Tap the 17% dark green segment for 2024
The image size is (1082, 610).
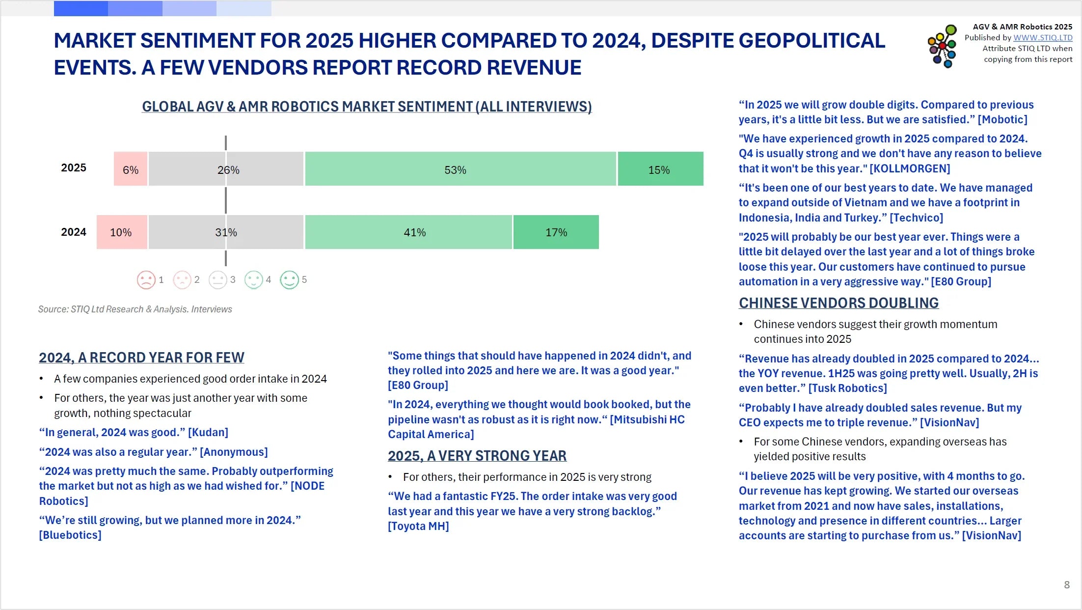tap(556, 232)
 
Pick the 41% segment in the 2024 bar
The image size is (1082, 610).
tap(408, 232)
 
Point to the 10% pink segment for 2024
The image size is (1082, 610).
tap(121, 232)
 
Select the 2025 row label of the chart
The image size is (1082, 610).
tap(74, 168)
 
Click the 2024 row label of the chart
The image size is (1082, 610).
tap(74, 232)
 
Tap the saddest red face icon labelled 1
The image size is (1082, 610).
tap(146, 280)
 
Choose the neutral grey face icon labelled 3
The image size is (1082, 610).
tap(217, 280)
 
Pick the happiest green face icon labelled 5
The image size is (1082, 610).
tap(289, 280)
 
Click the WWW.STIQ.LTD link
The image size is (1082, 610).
tap(1043, 38)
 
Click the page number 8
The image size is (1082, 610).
tap(1067, 584)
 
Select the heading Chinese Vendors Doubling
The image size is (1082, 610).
tap(839, 303)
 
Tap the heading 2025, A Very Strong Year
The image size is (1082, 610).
tap(477, 456)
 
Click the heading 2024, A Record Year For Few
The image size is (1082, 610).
tap(141, 358)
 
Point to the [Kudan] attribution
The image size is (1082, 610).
tap(208, 432)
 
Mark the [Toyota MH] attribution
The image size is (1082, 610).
tap(418, 526)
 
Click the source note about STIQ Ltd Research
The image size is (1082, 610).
tap(135, 309)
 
